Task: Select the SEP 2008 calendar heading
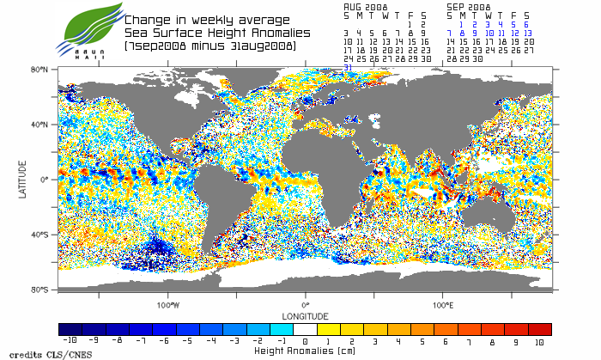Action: point(468,5)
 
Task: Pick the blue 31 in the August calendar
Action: point(348,66)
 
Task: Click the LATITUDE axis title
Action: point(22,179)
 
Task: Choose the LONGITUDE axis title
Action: point(305,315)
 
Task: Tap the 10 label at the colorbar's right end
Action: point(540,341)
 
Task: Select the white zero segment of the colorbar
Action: point(305,329)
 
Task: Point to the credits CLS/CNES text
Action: point(35,353)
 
